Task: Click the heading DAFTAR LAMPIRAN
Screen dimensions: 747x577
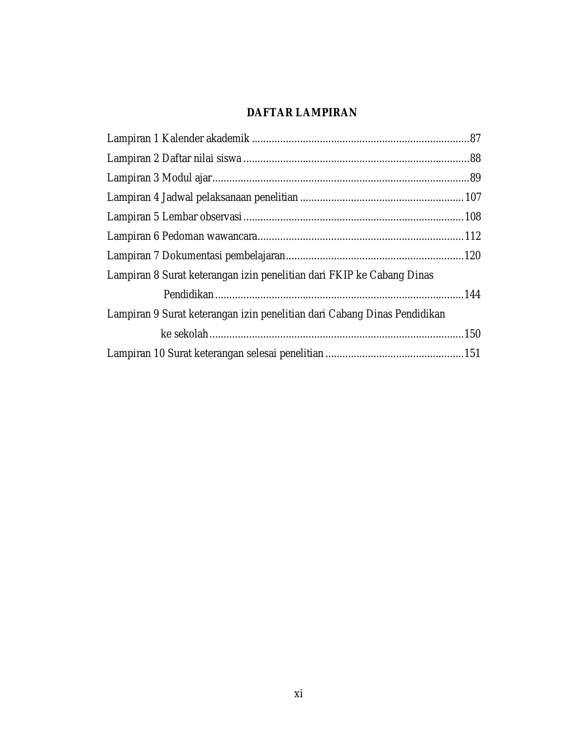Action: point(301,113)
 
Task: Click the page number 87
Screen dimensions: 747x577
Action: point(475,138)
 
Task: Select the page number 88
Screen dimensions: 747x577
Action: point(475,158)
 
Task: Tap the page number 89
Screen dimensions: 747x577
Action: point(475,178)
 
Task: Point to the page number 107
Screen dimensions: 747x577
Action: point(473,197)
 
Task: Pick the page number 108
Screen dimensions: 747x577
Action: point(473,217)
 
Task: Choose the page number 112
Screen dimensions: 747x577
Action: point(473,236)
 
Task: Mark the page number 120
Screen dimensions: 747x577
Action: point(473,256)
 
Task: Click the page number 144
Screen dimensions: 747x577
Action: point(473,295)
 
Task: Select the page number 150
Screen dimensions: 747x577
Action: point(473,334)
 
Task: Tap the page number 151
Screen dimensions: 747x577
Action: point(473,353)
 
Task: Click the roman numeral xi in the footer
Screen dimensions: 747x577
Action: point(298,694)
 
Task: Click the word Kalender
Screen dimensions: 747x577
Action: point(183,138)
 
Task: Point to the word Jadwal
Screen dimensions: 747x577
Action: point(177,197)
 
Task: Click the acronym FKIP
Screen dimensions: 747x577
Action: point(339,275)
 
